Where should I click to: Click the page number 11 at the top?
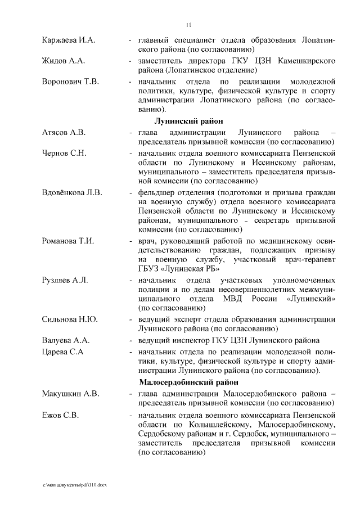188,24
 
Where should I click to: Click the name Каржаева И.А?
69,40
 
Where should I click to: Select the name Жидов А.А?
63,61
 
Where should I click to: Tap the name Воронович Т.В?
70,82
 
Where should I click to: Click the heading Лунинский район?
188,121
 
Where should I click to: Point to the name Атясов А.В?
64,132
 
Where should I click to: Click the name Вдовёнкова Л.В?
72,193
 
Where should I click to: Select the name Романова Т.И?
68,241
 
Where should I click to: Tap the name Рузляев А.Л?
65,280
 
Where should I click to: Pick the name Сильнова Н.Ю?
70,319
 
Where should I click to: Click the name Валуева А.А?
66,340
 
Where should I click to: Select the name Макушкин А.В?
70,393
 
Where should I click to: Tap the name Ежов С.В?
60,415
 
